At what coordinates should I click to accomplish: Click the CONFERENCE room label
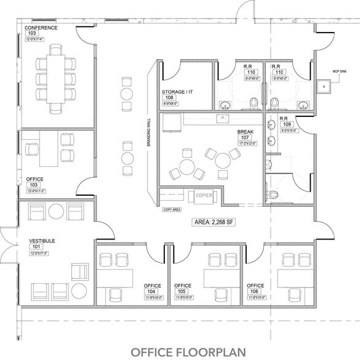(x=41, y=28)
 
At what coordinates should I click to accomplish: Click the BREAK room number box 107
(x=246, y=137)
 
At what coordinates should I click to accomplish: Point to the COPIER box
(x=204, y=196)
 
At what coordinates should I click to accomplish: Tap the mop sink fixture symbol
(x=322, y=87)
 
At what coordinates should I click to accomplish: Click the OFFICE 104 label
(x=153, y=286)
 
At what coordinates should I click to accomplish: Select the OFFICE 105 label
(x=183, y=286)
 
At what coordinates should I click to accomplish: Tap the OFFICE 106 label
(x=255, y=286)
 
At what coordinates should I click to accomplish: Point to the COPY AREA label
(x=172, y=209)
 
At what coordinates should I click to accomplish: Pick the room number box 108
(x=169, y=97)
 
